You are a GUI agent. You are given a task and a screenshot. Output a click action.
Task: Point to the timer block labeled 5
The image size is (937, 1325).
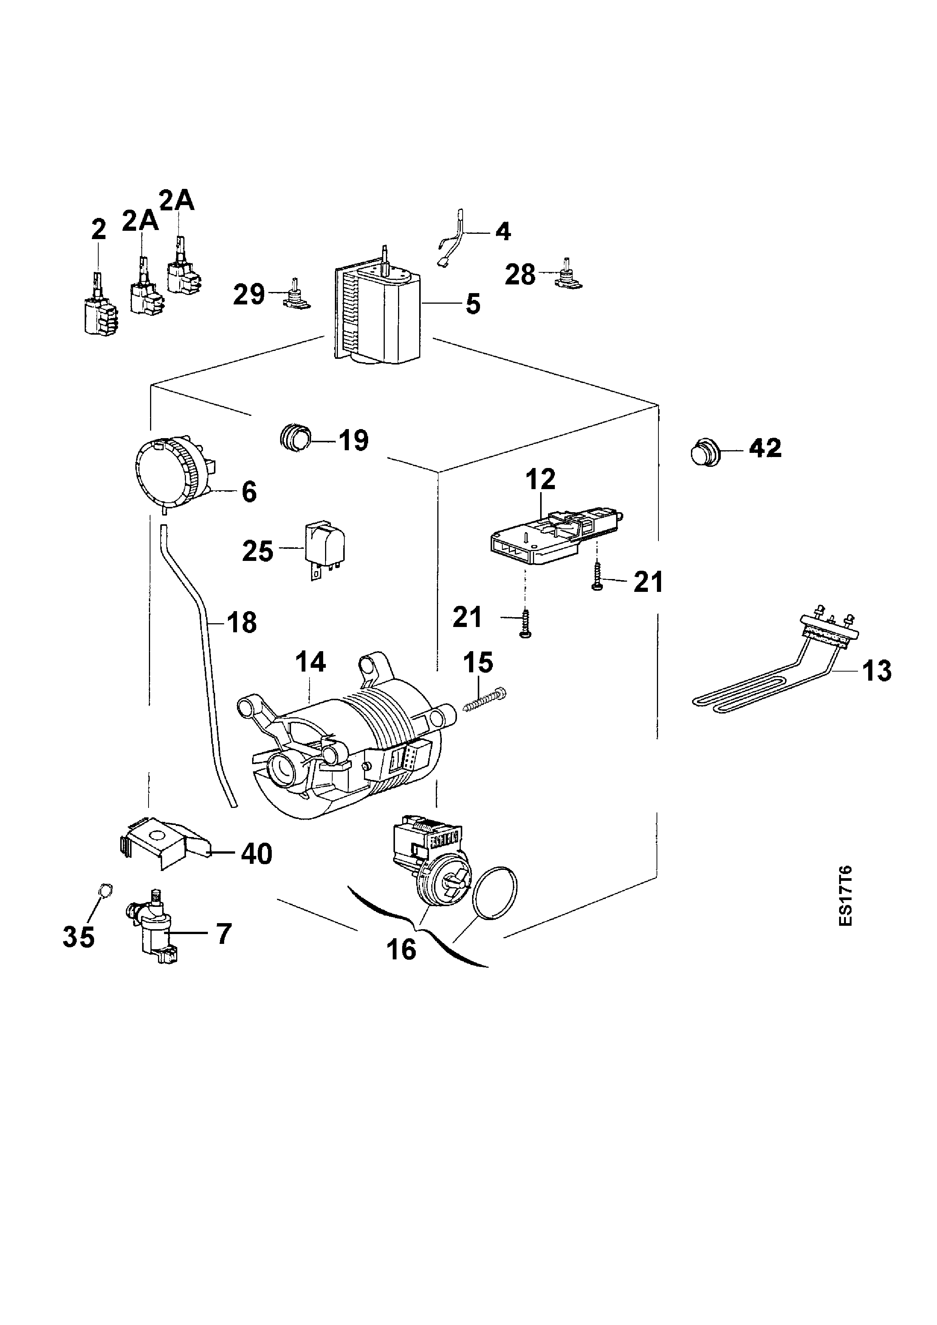pos(378,315)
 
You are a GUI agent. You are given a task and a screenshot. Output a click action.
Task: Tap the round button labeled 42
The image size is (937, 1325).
pos(704,451)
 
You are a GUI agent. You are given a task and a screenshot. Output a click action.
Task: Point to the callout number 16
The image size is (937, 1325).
pos(401,949)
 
